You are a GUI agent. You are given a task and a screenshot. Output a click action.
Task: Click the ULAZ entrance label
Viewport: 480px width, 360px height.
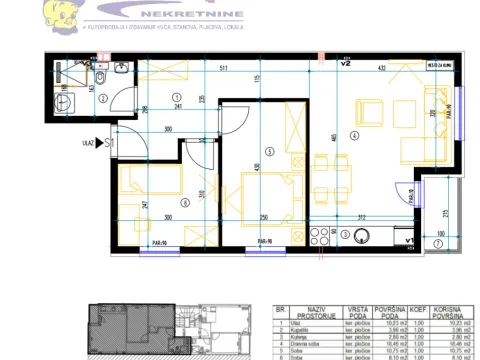(87, 143)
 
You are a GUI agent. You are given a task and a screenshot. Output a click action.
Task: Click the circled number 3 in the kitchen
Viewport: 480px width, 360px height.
(346, 236)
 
